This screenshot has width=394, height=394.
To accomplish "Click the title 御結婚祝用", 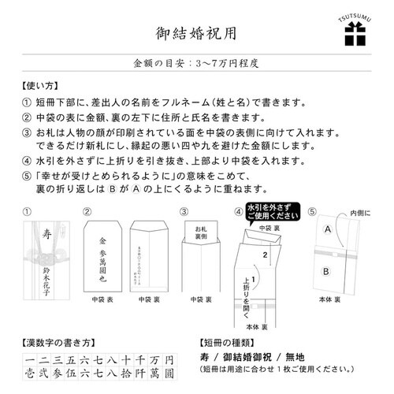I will pyautogui.click(x=196, y=34).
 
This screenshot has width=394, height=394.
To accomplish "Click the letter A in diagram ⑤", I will pyautogui.click(x=324, y=229).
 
